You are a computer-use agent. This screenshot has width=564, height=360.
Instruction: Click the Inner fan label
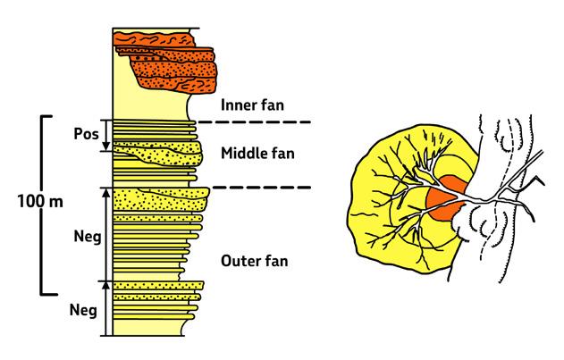point(253,105)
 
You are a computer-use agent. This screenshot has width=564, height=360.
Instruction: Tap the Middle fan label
point(258,154)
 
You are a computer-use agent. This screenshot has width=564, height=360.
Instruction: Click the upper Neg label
point(88,239)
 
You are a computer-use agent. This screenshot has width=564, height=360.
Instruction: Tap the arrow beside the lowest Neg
point(106,308)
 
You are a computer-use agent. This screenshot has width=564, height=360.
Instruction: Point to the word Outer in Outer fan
point(235,261)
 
